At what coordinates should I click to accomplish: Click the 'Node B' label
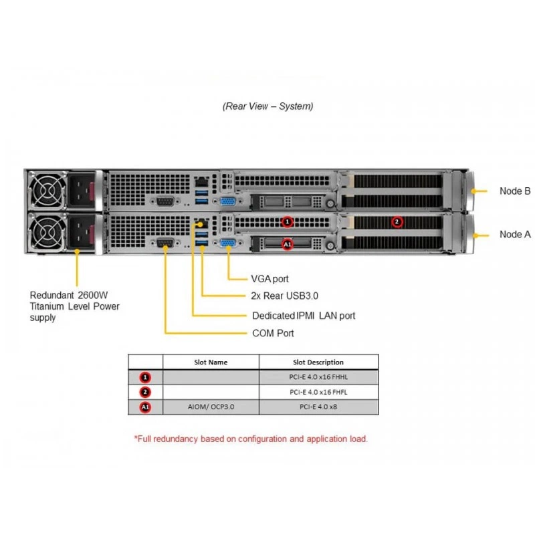pyautogui.click(x=515, y=191)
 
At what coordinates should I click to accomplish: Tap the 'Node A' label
pyautogui.click(x=515, y=235)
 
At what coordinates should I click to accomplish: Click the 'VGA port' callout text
pyautogui.click(x=270, y=279)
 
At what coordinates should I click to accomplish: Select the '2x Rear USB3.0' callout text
pyautogui.click(x=285, y=296)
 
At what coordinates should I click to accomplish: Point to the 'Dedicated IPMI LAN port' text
pyautogui.click(x=304, y=316)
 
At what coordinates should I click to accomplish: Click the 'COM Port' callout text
pyautogui.click(x=273, y=333)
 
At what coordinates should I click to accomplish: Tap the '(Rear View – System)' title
pyautogui.click(x=268, y=106)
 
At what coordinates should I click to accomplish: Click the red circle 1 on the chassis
pyautogui.click(x=288, y=222)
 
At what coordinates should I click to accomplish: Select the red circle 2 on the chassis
pyautogui.click(x=397, y=222)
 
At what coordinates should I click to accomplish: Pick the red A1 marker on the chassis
pyautogui.click(x=288, y=244)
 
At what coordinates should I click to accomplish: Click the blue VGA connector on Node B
pyautogui.click(x=228, y=201)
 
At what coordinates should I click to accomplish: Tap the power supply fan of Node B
pyautogui.click(x=47, y=191)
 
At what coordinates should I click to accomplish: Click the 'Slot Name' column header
pyautogui.click(x=211, y=362)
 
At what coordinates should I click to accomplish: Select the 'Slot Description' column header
pyautogui.click(x=318, y=362)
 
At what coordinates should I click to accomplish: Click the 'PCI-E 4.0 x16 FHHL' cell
pyautogui.click(x=318, y=377)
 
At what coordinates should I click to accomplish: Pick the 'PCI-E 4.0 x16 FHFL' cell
pyautogui.click(x=318, y=392)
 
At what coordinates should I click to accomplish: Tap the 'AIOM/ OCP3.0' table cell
pyautogui.click(x=211, y=407)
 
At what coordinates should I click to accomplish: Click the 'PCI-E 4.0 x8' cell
pyautogui.click(x=318, y=407)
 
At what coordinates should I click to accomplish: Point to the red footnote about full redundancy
pyautogui.click(x=251, y=439)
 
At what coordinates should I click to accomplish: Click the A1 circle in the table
pyautogui.click(x=145, y=407)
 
